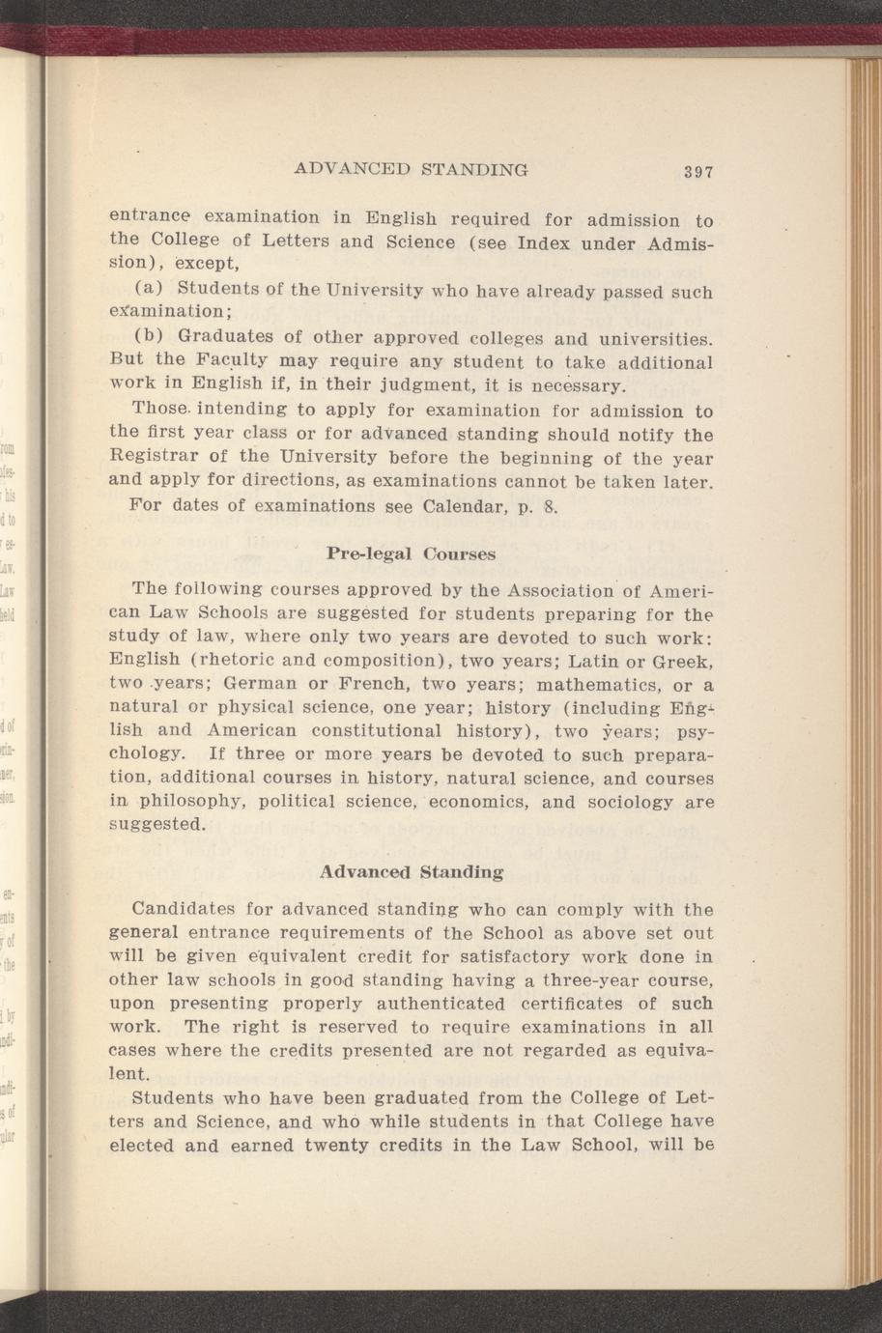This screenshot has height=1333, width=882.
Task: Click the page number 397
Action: (697, 172)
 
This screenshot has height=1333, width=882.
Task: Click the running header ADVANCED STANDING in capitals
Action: (411, 169)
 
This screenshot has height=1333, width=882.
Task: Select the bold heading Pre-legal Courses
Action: (411, 554)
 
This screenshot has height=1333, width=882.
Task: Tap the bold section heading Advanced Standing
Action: (411, 871)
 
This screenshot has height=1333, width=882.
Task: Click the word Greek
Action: (681, 662)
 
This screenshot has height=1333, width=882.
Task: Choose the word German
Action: (263, 686)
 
